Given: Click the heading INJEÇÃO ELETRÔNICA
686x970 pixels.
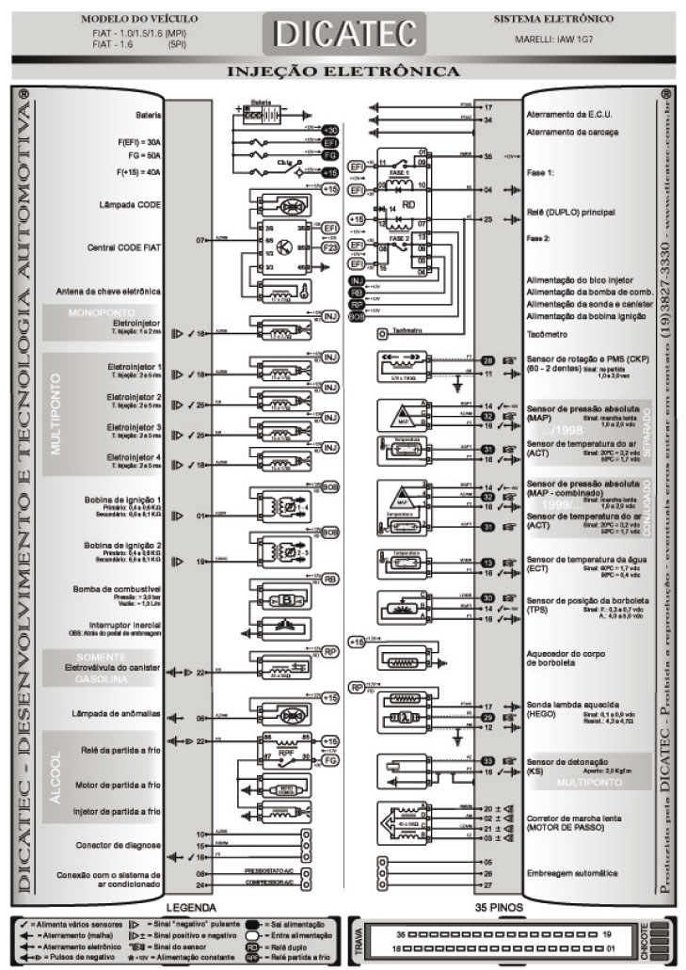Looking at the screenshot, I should click(343, 71).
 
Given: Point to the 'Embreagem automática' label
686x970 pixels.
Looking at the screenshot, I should click(573, 872).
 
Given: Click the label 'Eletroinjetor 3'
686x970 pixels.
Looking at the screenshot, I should click(134, 427).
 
